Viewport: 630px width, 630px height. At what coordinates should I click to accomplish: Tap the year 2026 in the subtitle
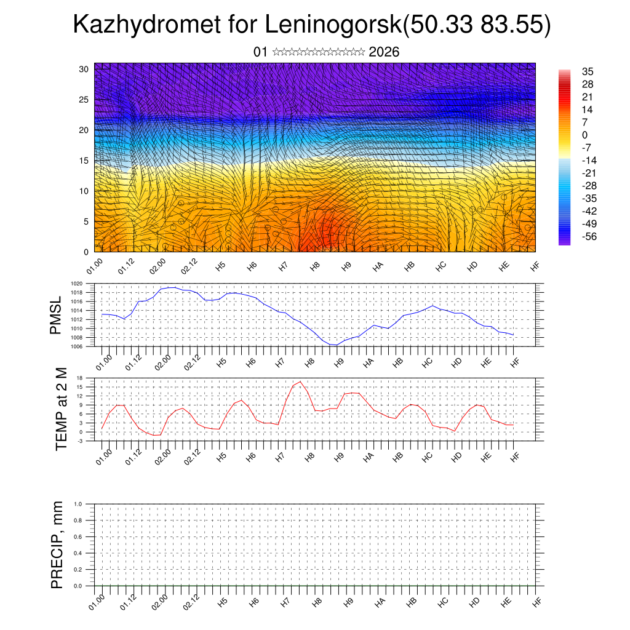[384, 52]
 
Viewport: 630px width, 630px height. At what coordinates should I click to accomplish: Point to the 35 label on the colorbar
[587, 72]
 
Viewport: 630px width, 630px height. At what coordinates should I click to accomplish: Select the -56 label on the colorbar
[589, 236]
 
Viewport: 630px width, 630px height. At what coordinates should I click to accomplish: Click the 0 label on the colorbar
[584, 135]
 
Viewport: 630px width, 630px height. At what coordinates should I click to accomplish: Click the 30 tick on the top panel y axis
[84, 69]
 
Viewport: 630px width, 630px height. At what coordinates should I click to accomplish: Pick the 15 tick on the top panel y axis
[84, 161]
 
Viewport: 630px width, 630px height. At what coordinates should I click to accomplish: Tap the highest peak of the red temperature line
[300, 381]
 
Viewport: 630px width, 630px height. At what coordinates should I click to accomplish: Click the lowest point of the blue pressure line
[335, 345]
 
